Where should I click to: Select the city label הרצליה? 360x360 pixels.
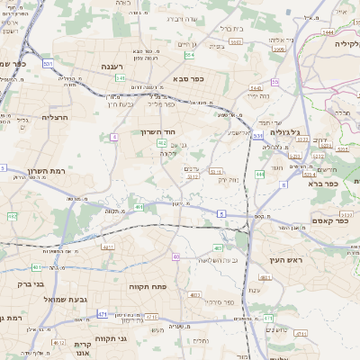click(x=56, y=117)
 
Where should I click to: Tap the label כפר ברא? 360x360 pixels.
click(x=321, y=183)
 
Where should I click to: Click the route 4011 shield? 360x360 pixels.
click(x=108, y=247)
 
